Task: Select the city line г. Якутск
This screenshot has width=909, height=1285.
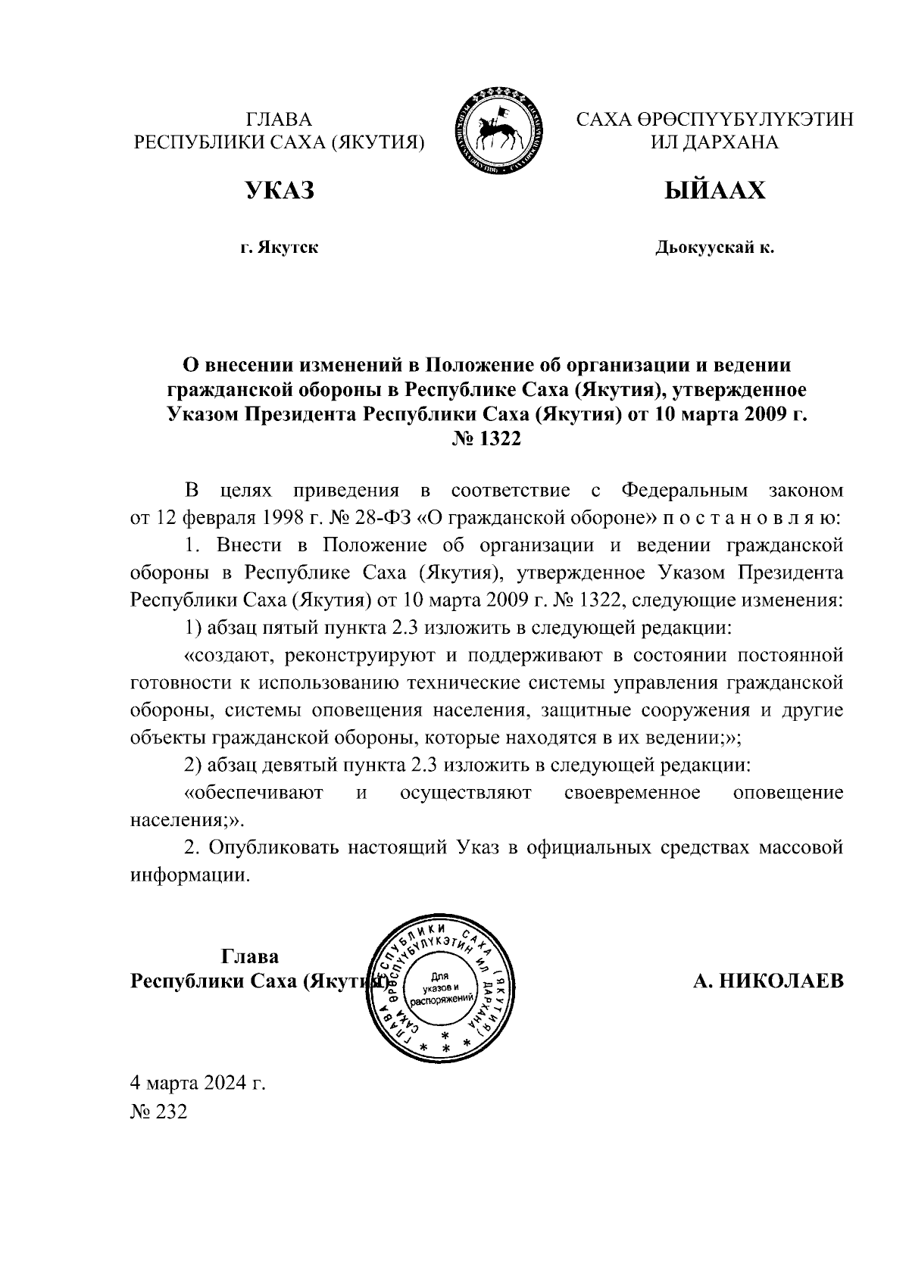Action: (279, 248)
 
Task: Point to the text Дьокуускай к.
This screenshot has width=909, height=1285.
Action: (714, 248)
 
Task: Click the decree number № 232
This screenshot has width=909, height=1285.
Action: (158, 1111)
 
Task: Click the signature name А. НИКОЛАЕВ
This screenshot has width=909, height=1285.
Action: (768, 981)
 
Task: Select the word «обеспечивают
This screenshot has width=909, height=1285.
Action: (255, 793)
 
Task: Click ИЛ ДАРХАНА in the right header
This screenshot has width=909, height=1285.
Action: (714, 142)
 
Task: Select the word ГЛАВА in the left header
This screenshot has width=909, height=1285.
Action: (279, 120)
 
